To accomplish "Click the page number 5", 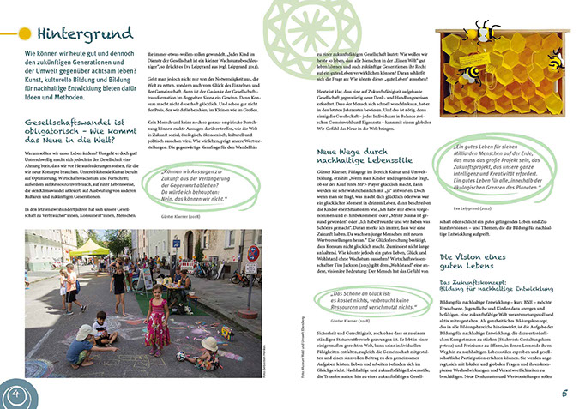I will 565,393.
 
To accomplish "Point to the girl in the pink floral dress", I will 157,318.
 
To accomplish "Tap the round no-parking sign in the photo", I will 253,255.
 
